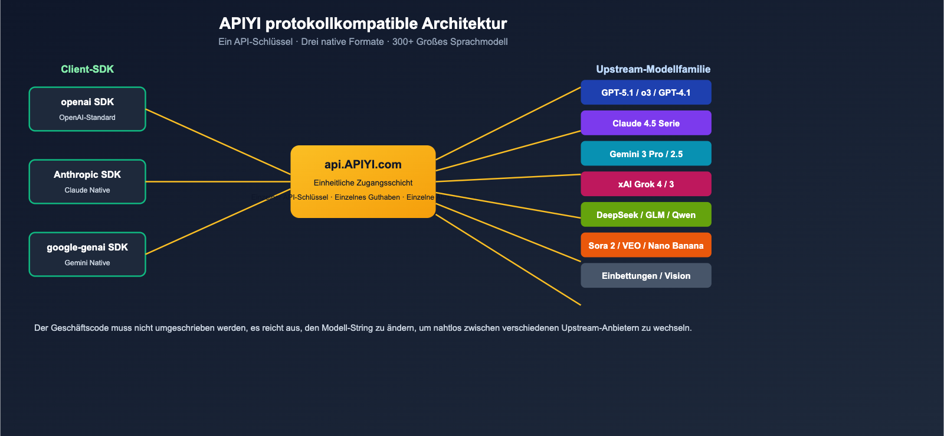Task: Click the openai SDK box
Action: (x=87, y=109)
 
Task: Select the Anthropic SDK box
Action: (x=87, y=181)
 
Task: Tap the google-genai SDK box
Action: (x=87, y=254)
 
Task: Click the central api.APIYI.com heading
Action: (x=363, y=165)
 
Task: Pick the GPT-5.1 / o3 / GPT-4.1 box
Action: (x=645, y=93)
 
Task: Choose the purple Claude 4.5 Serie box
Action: (x=645, y=123)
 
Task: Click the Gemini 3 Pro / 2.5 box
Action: (x=645, y=154)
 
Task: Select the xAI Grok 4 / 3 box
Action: (x=645, y=184)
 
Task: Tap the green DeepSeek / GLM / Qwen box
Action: (x=645, y=215)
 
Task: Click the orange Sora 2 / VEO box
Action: (x=645, y=246)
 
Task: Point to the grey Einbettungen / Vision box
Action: (x=645, y=276)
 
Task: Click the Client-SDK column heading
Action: (x=87, y=69)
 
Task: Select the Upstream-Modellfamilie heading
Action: (x=653, y=69)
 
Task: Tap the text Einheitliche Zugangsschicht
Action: (x=363, y=183)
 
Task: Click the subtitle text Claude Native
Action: (x=87, y=190)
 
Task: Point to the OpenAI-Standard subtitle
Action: (x=87, y=118)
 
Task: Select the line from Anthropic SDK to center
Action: (x=218, y=181)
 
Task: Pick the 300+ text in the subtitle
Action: (x=403, y=42)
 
